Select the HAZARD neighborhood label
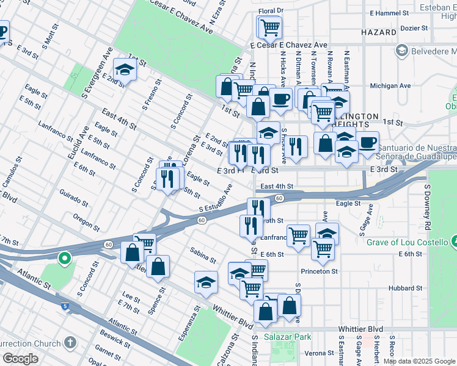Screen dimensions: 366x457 coord(379,32)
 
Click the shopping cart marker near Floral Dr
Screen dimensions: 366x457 coord(269,26)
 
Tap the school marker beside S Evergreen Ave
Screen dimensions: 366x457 coord(125,70)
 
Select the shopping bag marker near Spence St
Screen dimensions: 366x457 coord(158,266)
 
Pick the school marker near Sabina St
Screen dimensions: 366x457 coord(206,282)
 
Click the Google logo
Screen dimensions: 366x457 coord(20,359)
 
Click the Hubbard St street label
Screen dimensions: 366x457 coord(406,288)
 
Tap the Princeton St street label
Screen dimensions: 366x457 coord(320,271)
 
